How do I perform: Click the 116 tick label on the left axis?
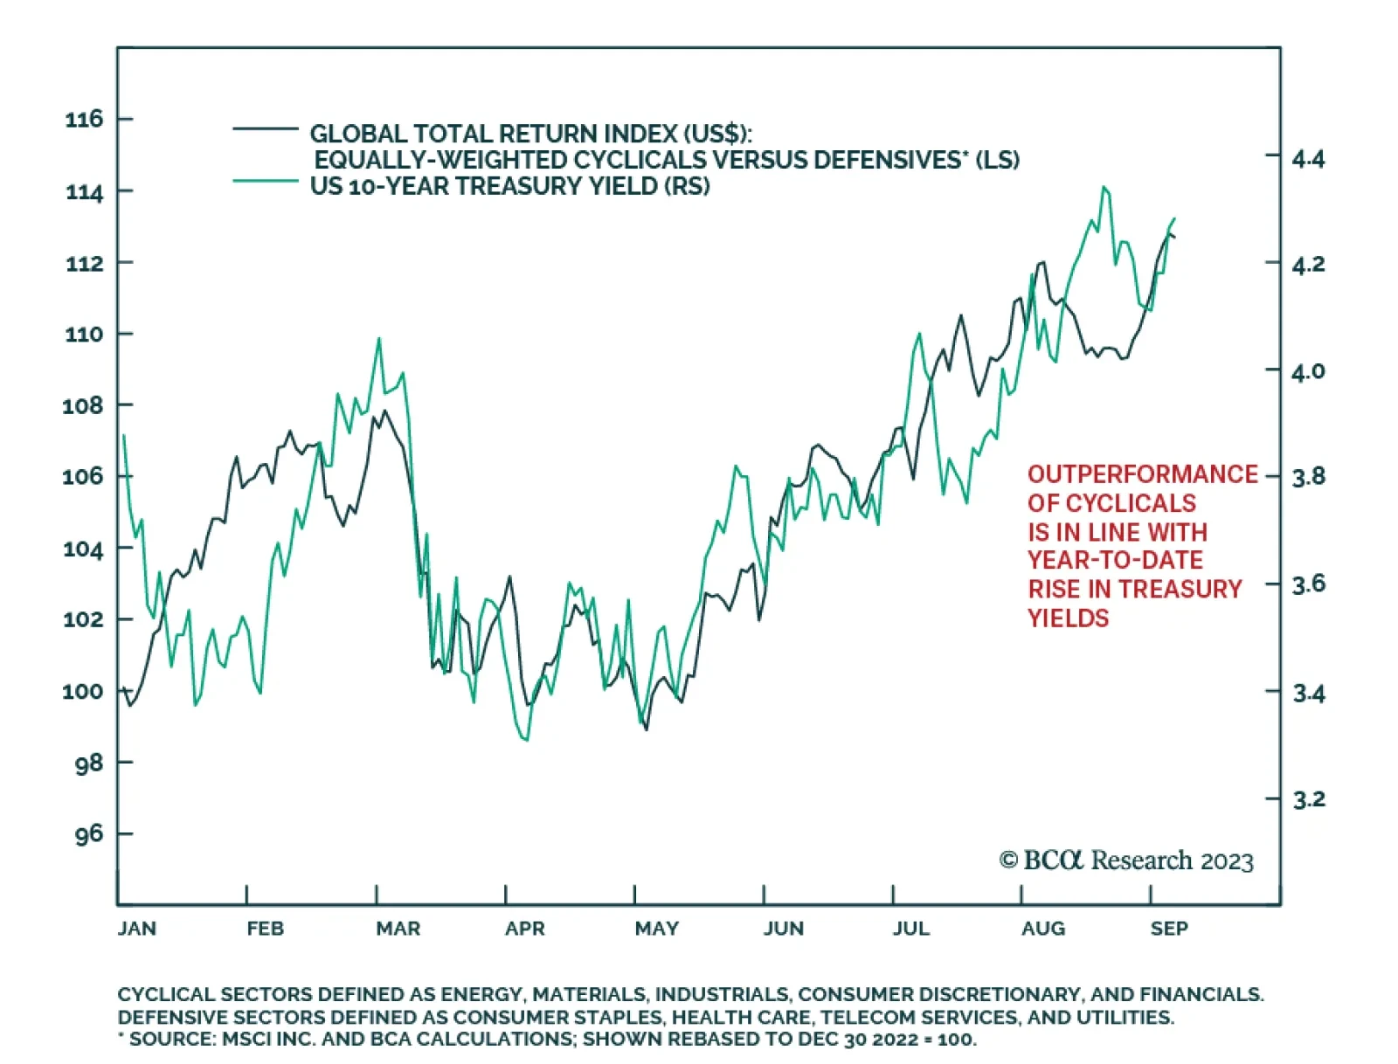(x=84, y=119)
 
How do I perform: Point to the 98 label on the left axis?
(x=88, y=763)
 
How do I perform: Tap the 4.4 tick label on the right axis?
(x=1308, y=159)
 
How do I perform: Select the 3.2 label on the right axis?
(x=1308, y=799)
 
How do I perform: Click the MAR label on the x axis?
(x=398, y=929)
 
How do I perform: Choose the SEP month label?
(x=1169, y=929)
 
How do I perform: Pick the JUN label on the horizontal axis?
(x=783, y=929)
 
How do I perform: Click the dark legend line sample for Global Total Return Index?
(x=266, y=129)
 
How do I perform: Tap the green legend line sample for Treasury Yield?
(x=266, y=181)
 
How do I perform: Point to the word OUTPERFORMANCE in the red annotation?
(x=1142, y=474)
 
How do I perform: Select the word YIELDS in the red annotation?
(x=1068, y=618)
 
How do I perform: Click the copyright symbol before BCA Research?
(x=1008, y=860)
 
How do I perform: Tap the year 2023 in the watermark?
(x=1227, y=862)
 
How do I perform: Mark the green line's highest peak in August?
(x=1104, y=187)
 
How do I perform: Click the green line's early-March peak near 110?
(x=379, y=339)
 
